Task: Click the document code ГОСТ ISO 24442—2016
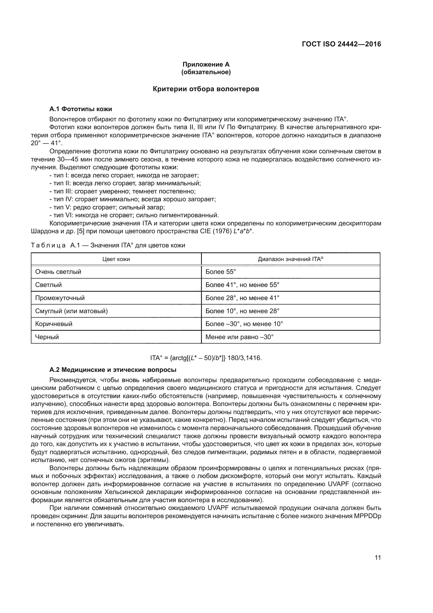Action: point(341,44)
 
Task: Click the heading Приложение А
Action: point(206,64)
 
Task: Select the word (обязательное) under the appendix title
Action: point(206,72)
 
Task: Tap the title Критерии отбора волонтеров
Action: point(206,89)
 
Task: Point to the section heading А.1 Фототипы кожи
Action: point(81,109)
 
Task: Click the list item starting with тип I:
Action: point(124,175)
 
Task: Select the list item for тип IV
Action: point(132,199)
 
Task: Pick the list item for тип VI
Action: point(134,215)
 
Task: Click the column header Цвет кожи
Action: point(116,259)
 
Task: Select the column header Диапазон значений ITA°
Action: point(290,259)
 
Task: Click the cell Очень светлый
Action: point(58,272)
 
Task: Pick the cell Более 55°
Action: point(221,272)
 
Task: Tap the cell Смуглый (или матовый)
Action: point(71,311)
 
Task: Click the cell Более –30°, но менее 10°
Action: point(244,324)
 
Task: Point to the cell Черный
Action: point(47,337)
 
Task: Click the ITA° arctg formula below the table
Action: point(206,358)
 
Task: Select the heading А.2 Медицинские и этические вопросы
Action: point(113,370)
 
